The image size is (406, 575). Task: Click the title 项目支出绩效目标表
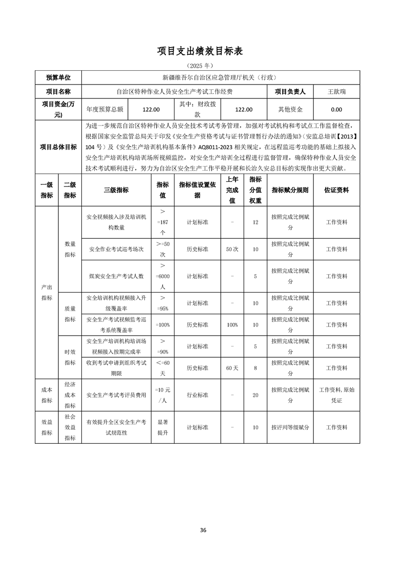pos(203,51)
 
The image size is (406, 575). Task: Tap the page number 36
pos(203,530)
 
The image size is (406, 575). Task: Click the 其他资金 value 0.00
pos(336,109)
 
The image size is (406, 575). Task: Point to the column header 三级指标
pos(116,190)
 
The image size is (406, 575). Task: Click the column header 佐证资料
pos(336,190)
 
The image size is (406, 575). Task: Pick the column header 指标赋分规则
pos(290,190)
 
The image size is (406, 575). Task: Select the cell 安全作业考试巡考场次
pos(116,249)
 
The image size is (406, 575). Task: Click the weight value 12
pos(255,222)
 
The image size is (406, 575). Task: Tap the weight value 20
pos(255,395)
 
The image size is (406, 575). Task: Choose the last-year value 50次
pos(232,249)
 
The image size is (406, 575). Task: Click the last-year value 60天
pos(232,368)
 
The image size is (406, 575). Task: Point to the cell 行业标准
pos(197,395)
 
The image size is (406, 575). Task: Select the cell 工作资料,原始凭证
pos(336,395)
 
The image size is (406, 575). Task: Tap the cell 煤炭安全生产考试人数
pos(116,276)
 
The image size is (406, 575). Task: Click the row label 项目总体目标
pos(58,147)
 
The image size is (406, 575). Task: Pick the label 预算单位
pos(58,78)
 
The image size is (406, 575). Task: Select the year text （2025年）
pos(203,66)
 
